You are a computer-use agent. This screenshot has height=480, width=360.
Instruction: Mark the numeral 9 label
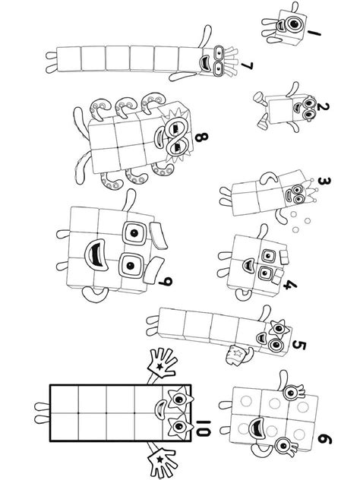point(167,285)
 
